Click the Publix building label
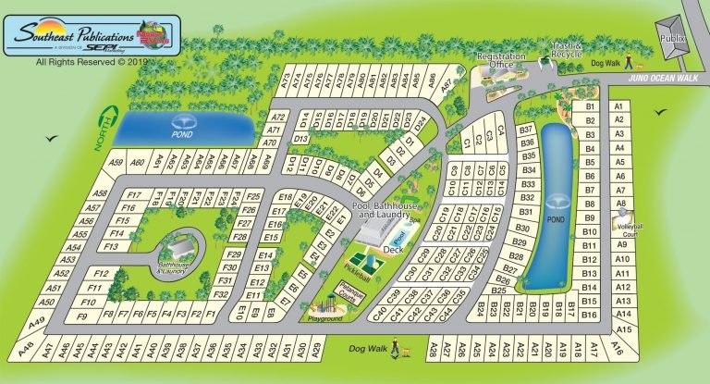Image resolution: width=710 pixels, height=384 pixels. pyautogui.click(x=670, y=39)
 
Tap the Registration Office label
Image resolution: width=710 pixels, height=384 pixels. pyautogui.click(x=501, y=60)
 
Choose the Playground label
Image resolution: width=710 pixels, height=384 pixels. pyautogui.click(x=325, y=318)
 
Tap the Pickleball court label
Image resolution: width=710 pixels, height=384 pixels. pyautogui.click(x=357, y=266)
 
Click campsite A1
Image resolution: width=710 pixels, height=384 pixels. pyautogui.click(x=619, y=106)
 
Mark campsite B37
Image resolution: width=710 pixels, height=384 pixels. pyautogui.click(x=528, y=130)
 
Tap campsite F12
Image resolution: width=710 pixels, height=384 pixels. pyautogui.click(x=102, y=274)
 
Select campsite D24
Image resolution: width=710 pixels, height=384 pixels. pyautogui.click(x=420, y=121)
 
